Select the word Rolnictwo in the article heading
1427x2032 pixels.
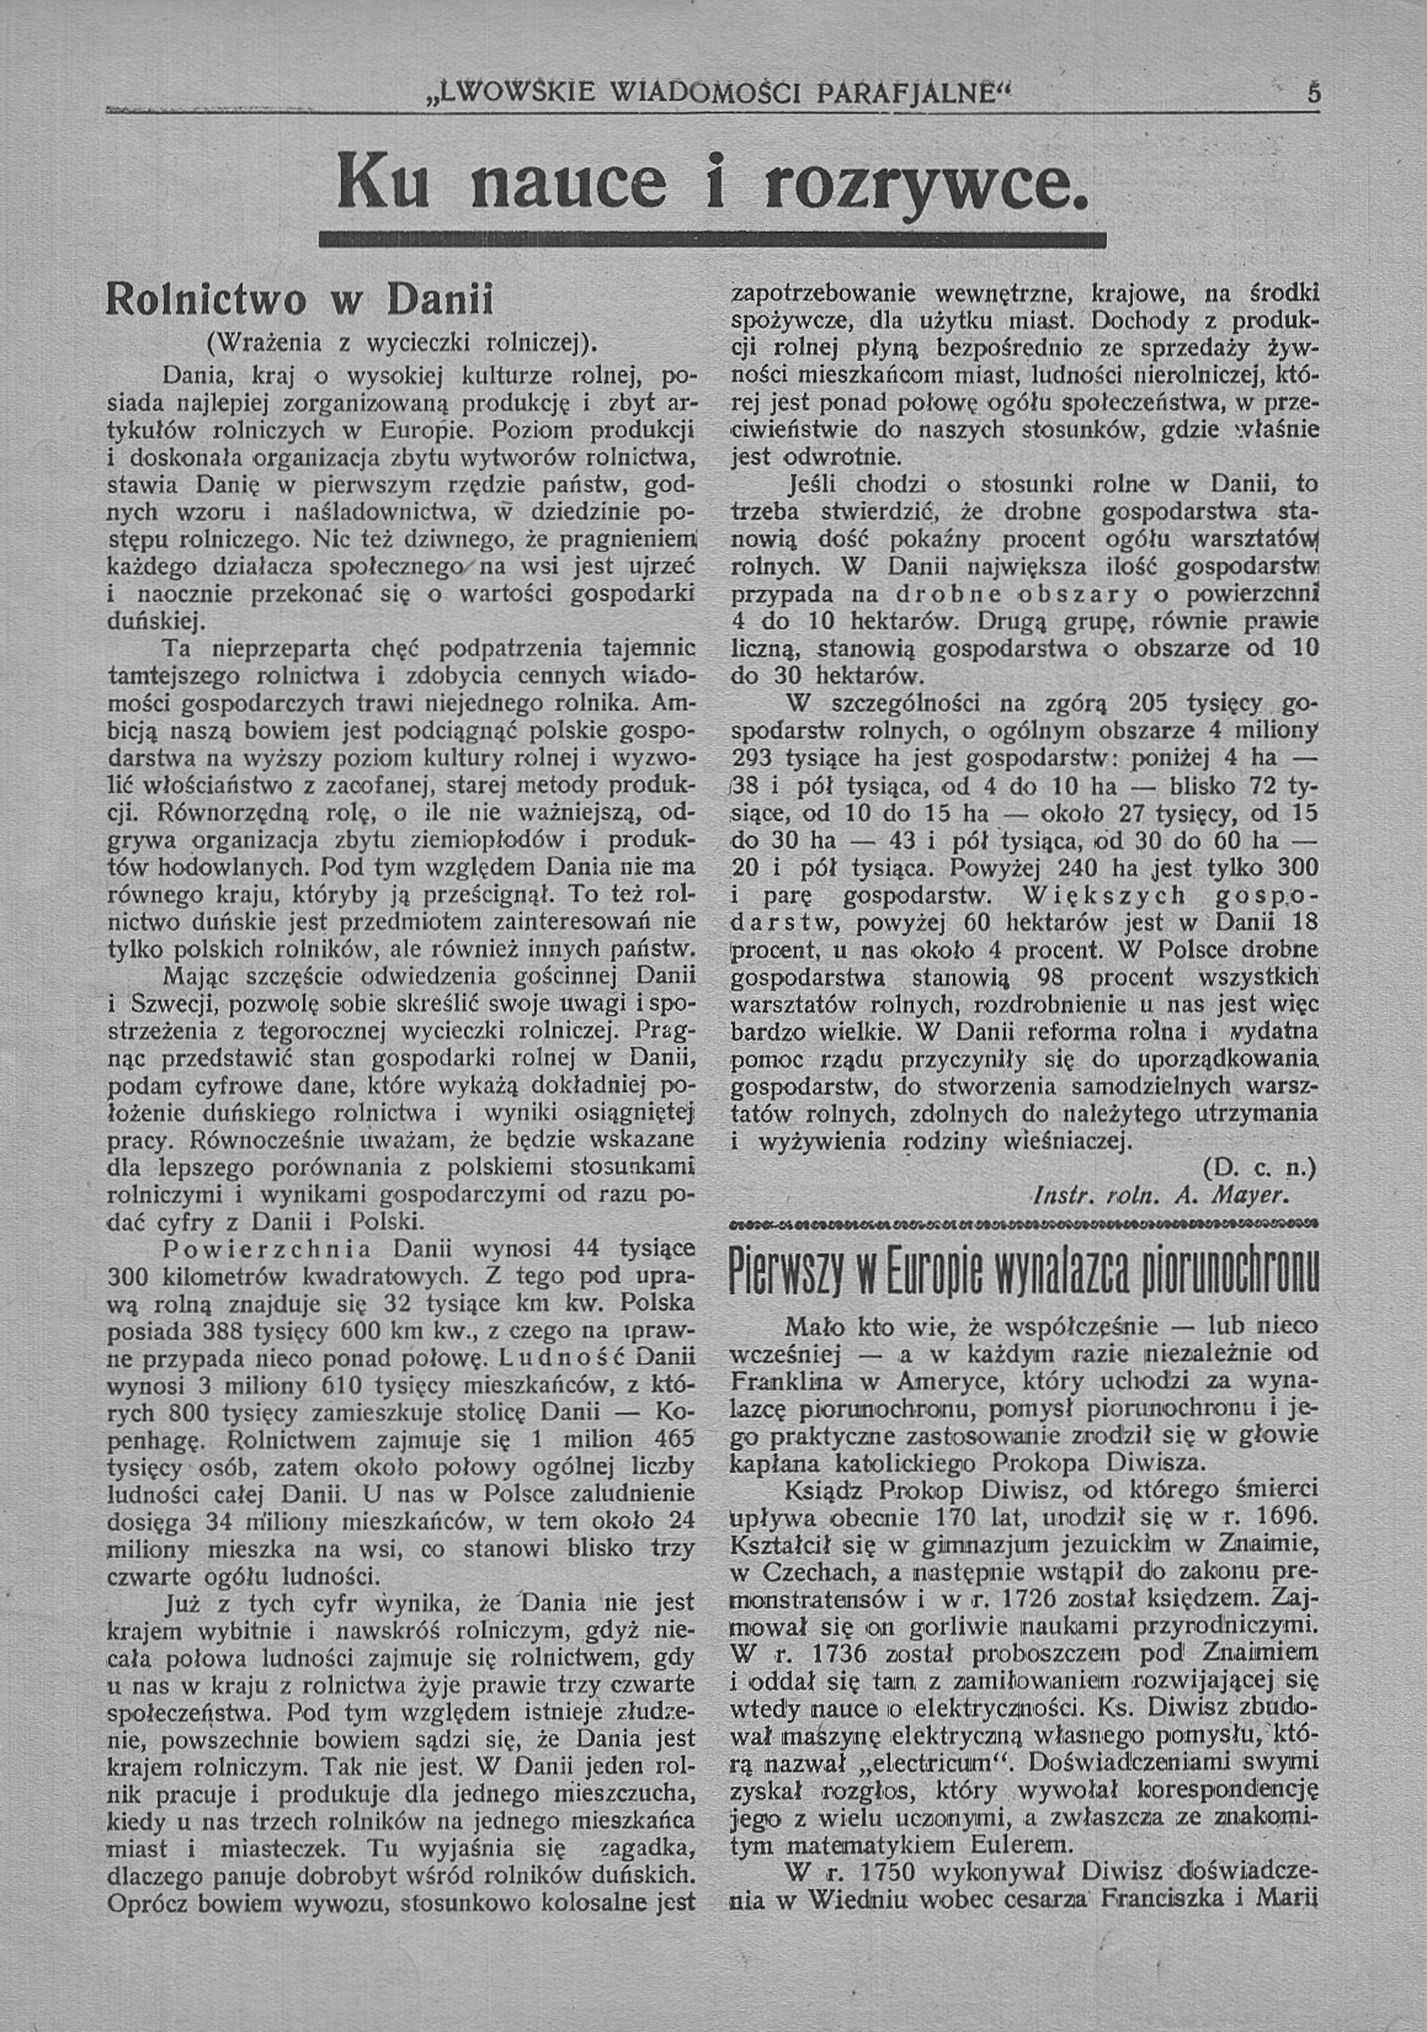pyautogui.click(x=206, y=300)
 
